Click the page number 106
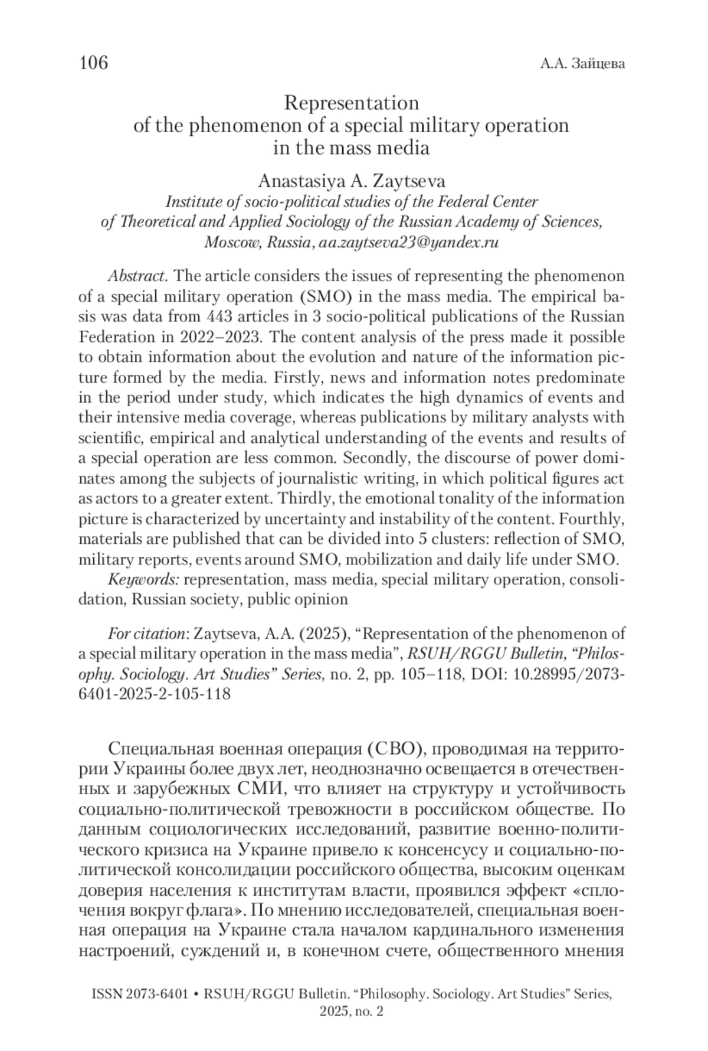click(x=94, y=62)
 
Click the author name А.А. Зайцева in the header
click(x=582, y=64)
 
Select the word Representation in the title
click(x=351, y=103)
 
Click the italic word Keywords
click(x=143, y=579)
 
